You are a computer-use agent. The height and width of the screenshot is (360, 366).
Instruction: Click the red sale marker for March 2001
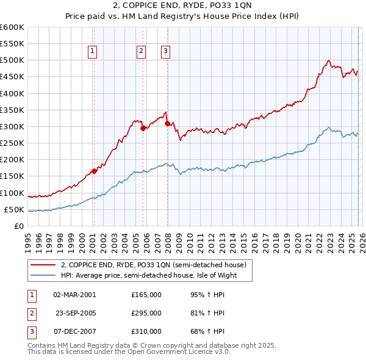click(94, 171)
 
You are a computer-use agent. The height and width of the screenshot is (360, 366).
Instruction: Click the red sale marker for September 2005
click(143, 128)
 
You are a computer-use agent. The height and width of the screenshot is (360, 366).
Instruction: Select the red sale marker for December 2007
click(167, 123)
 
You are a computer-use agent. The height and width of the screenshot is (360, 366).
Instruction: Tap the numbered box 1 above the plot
click(93, 52)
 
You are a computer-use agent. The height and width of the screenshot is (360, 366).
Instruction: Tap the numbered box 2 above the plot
click(141, 52)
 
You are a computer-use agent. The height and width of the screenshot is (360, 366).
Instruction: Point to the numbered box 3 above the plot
click(165, 52)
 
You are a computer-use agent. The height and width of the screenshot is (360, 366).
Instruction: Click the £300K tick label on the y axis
click(12, 126)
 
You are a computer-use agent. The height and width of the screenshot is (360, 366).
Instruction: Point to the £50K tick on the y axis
click(13, 209)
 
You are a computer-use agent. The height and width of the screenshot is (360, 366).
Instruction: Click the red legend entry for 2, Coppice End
click(153, 265)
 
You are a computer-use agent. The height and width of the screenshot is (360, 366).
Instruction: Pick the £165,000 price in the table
click(146, 294)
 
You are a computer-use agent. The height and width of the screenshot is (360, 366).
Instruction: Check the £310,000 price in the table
click(146, 332)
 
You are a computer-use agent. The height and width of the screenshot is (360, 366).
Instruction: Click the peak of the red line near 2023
click(328, 60)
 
